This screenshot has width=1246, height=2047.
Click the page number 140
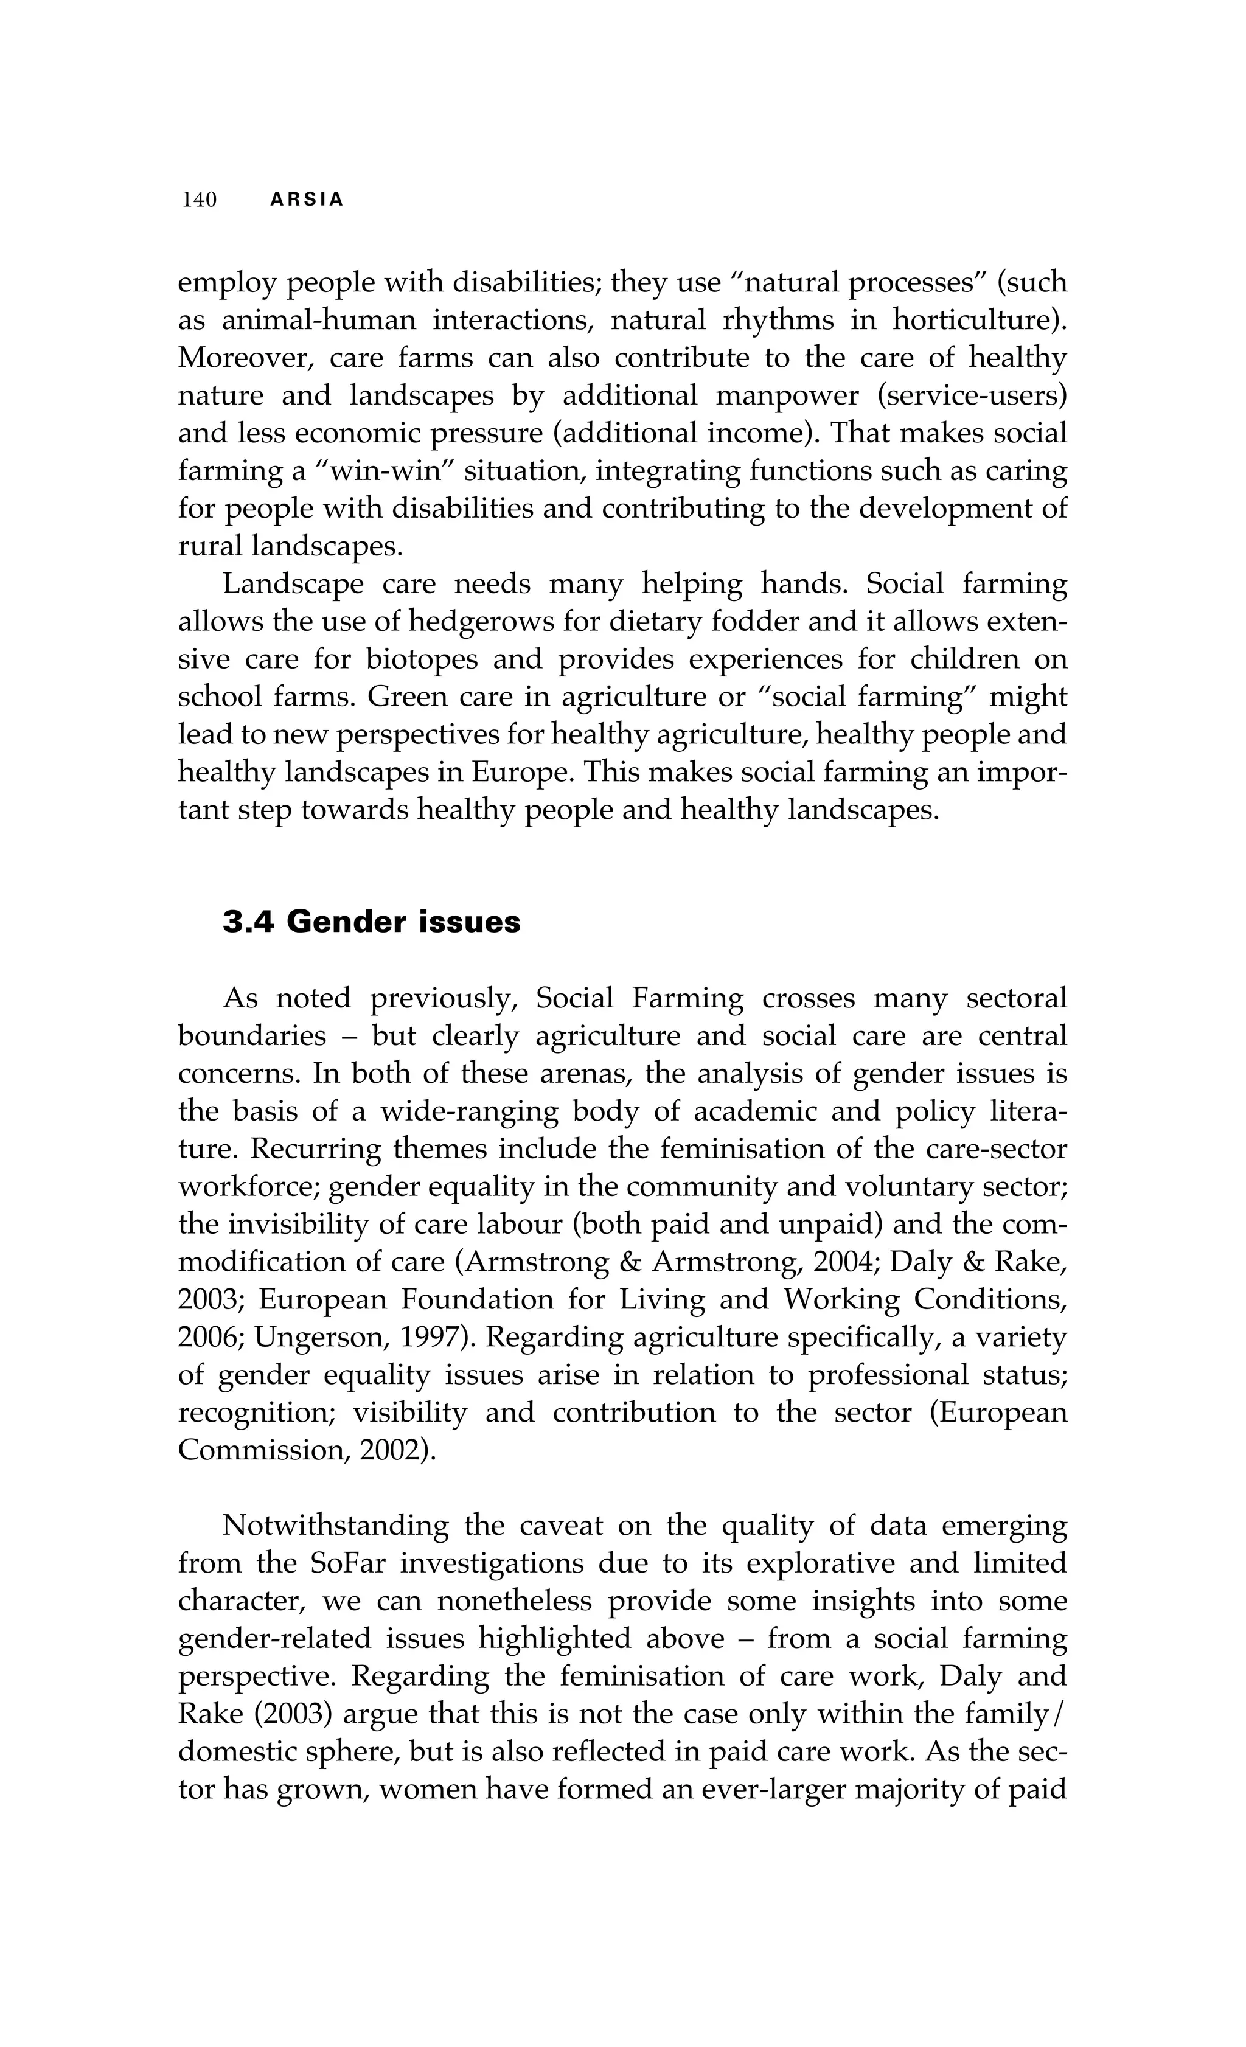click(x=200, y=200)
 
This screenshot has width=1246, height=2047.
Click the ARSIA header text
click(x=307, y=200)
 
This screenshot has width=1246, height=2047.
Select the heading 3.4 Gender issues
click(x=371, y=922)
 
